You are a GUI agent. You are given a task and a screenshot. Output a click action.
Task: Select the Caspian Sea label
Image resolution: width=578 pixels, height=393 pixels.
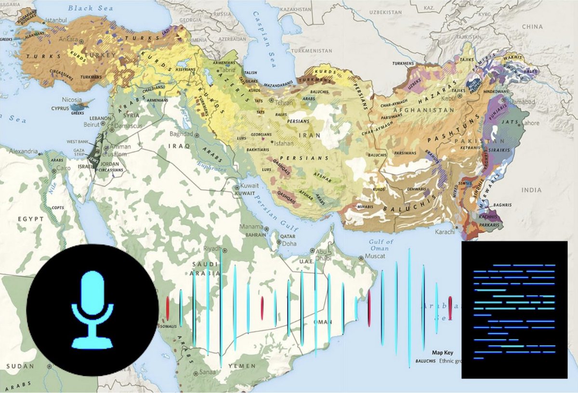point(263,46)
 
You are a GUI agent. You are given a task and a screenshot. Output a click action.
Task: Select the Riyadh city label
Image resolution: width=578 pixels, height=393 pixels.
point(212,249)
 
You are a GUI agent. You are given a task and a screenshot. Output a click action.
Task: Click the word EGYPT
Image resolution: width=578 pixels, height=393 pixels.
point(31,219)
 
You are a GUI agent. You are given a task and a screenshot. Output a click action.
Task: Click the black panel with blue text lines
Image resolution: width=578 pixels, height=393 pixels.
point(514,310)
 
